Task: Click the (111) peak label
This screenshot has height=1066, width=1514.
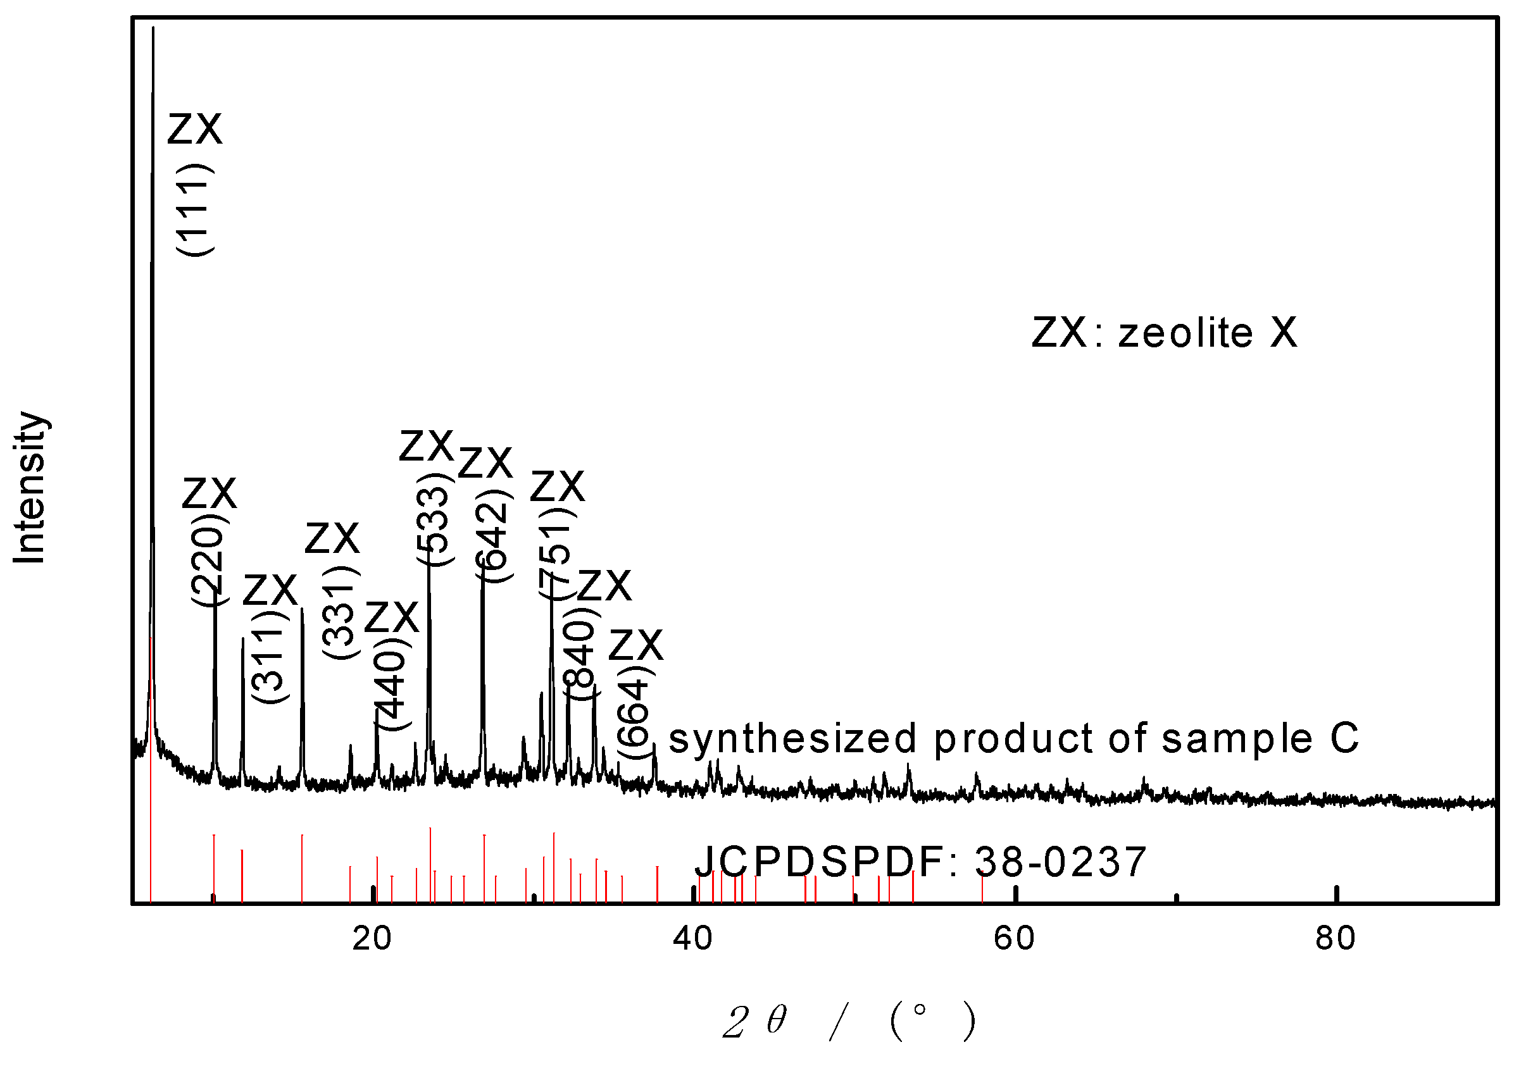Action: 195,209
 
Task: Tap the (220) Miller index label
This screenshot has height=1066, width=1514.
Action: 210,562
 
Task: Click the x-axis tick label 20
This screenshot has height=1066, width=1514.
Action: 372,938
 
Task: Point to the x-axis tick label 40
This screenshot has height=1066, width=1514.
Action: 693,938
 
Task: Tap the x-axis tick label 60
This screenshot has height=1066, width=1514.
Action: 1014,938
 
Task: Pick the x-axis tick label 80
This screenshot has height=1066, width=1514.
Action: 1336,938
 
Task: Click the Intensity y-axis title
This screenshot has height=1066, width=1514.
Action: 30,488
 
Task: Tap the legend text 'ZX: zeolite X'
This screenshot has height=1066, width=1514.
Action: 1165,332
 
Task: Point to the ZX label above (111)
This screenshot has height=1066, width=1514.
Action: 195,128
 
